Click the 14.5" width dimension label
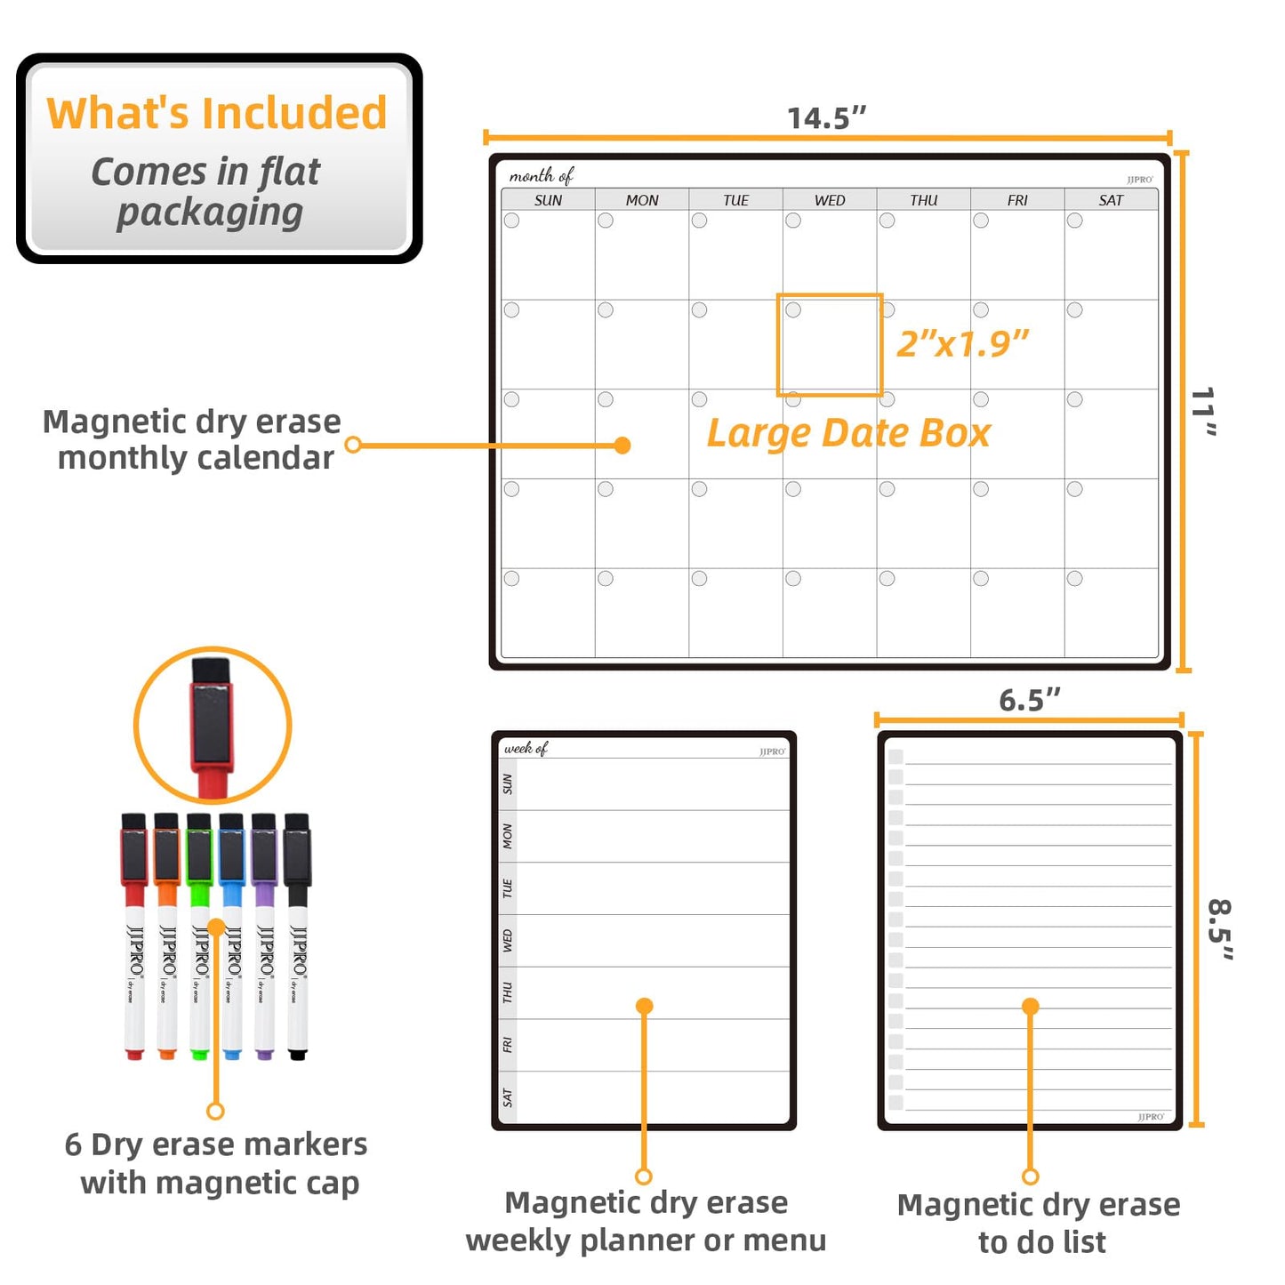(x=826, y=117)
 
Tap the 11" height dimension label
(x=1203, y=412)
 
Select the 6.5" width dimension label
(x=1029, y=700)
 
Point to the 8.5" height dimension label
(x=1220, y=929)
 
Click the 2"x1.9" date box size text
(x=962, y=344)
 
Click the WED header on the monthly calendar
(x=830, y=200)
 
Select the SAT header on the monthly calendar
(x=1111, y=200)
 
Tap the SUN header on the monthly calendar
(x=548, y=200)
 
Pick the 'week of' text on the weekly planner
(x=526, y=749)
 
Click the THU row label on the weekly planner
(x=508, y=992)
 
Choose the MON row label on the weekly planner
(x=508, y=836)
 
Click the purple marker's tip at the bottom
(x=264, y=1055)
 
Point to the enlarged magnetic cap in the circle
(x=212, y=716)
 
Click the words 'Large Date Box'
(x=848, y=433)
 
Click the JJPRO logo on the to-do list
(x=1151, y=1117)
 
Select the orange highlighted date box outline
(x=830, y=295)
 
